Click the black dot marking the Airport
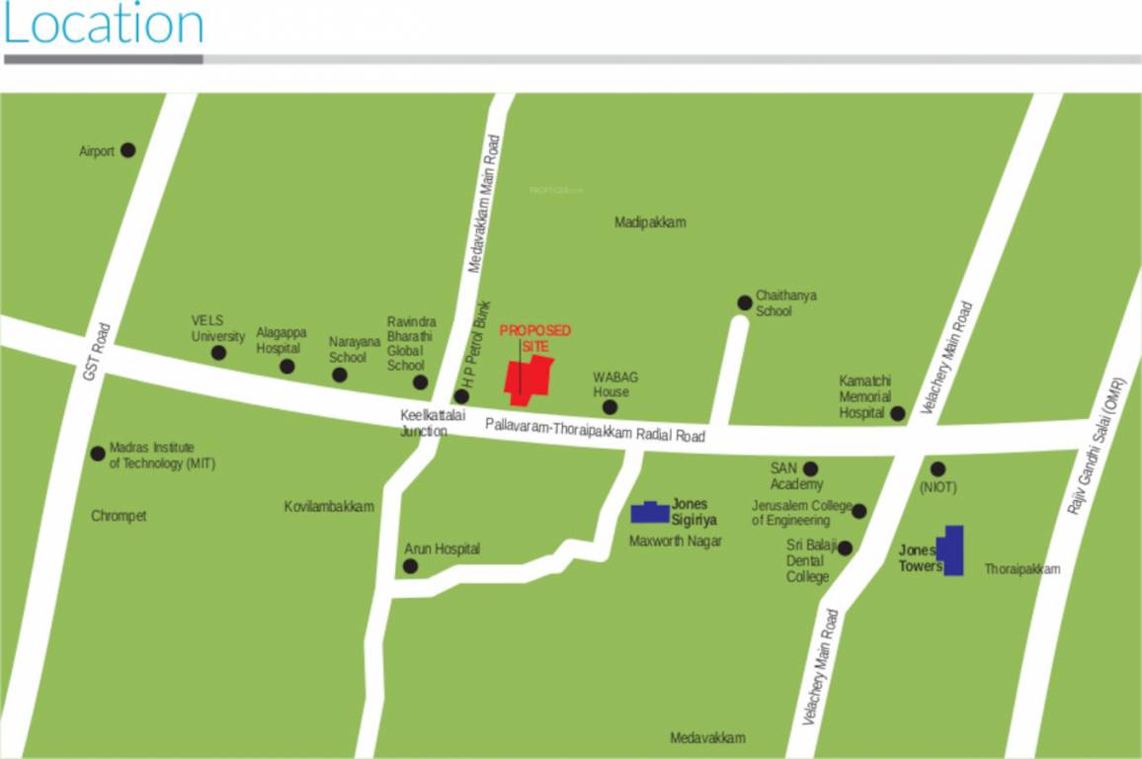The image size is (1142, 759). coord(127,150)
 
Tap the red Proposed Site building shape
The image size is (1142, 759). coord(529,379)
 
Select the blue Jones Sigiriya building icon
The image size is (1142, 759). coord(650,512)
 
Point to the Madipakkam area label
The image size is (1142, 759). coord(650,222)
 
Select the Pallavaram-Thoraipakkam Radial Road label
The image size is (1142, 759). coord(595,429)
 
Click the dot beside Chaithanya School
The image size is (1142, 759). coord(744,302)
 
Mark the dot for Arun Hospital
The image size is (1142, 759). coord(410,566)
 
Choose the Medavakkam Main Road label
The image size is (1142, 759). coord(484,205)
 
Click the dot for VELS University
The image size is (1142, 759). coord(218,353)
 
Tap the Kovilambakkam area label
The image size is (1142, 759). coord(329,507)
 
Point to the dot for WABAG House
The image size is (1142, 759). coord(610,406)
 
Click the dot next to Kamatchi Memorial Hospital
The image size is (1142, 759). coord(897,413)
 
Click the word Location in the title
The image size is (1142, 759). coord(104,26)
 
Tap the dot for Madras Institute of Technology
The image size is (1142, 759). coord(98,454)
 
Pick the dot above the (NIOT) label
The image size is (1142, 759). coord(938,468)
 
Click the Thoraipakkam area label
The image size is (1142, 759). coord(1021,569)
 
